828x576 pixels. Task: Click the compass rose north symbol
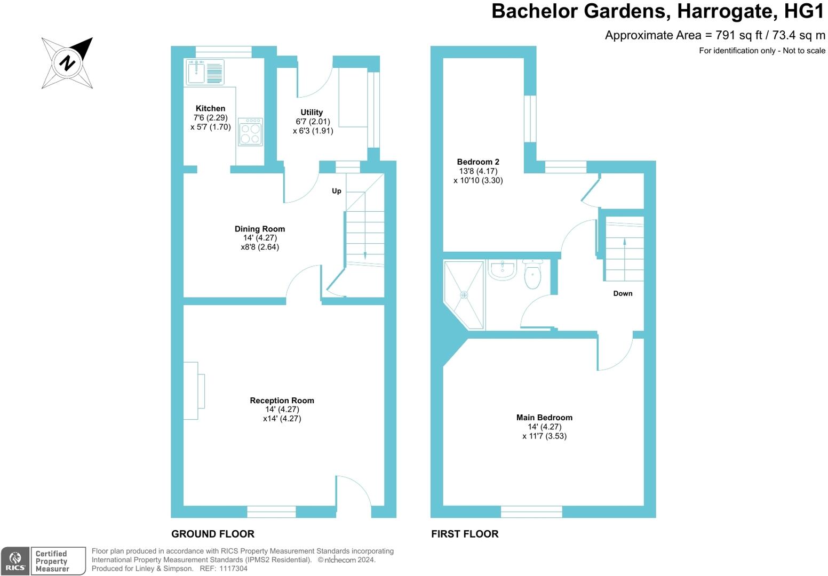[x=67, y=63]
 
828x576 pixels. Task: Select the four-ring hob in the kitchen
[x=251, y=132]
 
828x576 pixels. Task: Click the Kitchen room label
[x=210, y=108]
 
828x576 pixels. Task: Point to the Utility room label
[x=312, y=112]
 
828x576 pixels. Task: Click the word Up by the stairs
[x=336, y=191]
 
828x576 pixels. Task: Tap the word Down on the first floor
[x=623, y=293]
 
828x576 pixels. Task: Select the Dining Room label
[x=260, y=229]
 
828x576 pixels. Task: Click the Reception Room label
[x=282, y=401]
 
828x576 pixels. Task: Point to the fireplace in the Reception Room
[x=194, y=391]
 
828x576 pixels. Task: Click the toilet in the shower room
[x=532, y=274]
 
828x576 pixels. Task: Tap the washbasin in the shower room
[x=503, y=270]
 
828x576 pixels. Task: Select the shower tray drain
[x=464, y=295]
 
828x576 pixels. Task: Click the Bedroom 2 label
[x=478, y=162]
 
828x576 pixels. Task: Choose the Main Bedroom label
[x=545, y=418]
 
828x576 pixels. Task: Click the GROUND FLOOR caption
[x=213, y=534]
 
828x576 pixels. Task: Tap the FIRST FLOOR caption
[x=465, y=534]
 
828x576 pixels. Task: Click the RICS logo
[x=15, y=561]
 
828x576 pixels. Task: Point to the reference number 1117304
[x=233, y=569]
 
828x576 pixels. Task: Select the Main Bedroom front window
[x=531, y=511]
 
